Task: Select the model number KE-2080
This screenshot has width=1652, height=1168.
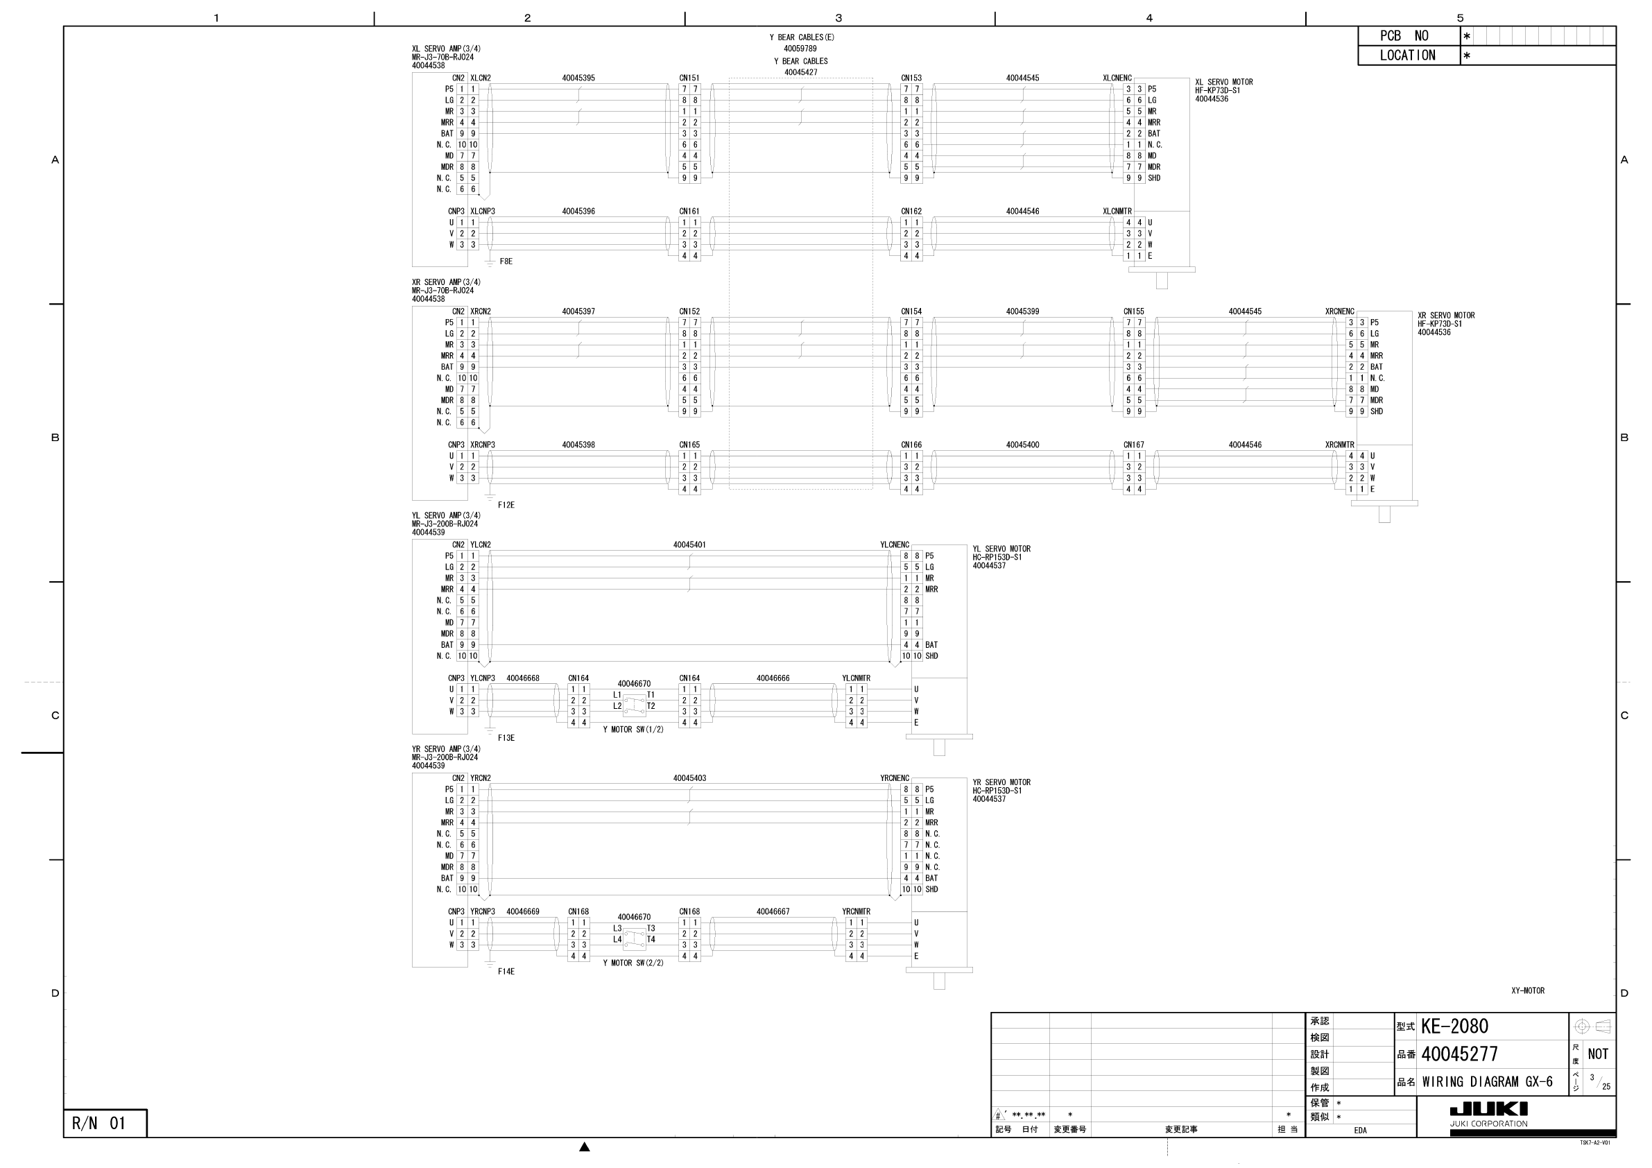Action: (x=1454, y=1027)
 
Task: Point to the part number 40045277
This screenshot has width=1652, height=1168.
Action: (x=1459, y=1054)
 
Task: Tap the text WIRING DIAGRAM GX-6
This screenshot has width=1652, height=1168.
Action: (x=1487, y=1081)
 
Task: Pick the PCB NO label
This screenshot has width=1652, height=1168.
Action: (x=1404, y=36)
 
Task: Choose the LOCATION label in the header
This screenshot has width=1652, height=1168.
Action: (x=1407, y=55)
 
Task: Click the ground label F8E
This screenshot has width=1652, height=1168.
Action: (x=506, y=261)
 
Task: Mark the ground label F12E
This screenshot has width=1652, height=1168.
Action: (x=506, y=505)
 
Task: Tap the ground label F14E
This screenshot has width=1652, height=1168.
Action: (x=506, y=972)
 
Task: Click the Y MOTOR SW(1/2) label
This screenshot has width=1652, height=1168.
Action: (x=633, y=730)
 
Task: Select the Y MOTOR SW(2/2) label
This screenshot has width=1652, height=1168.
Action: (x=633, y=963)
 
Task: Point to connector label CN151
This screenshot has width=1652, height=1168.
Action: (x=689, y=78)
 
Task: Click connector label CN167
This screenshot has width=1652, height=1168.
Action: (x=1133, y=445)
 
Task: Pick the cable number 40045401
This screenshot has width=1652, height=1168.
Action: (x=689, y=544)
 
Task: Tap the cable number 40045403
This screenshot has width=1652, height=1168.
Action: (x=689, y=778)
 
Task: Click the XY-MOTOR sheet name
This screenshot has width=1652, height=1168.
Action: (x=1528, y=991)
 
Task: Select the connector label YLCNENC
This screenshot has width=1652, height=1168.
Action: (x=895, y=544)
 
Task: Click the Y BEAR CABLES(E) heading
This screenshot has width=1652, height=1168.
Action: (x=802, y=37)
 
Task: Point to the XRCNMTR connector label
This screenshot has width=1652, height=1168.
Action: (x=1339, y=445)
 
